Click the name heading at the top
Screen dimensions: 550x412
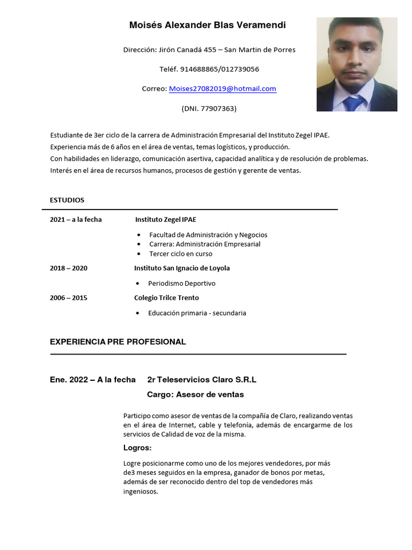pyautogui.click(x=208, y=25)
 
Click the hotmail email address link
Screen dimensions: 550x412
pyautogui.click(x=222, y=89)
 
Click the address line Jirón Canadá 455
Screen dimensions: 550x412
pyautogui.click(x=209, y=50)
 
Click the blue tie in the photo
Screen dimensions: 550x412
pyautogui.click(x=353, y=103)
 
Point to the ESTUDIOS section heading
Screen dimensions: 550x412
pyautogui.click(x=67, y=200)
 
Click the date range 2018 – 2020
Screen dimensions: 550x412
pyautogui.click(x=69, y=268)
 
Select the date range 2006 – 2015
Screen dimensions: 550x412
pyautogui.click(x=69, y=298)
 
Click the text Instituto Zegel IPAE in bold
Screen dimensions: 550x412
pyautogui.click(x=166, y=219)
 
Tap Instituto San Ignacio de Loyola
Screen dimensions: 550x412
pyautogui.click(x=182, y=268)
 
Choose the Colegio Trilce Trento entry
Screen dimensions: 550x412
pyautogui.click(x=166, y=298)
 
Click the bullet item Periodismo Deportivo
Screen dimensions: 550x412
pyautogui.click(x=182, y=283)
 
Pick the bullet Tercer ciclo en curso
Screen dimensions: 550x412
pyautogui.click(x=181, y=254)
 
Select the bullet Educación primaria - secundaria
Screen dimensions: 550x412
pyautogui.click(x=197, y=313)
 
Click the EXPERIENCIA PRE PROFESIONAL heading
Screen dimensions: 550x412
pyautogui.click(x=118, y=342)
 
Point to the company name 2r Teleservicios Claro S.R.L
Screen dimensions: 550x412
pyautogui.click(x=202, y=380)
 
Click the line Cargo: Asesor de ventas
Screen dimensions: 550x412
pyautogui.click(x=195, y=394)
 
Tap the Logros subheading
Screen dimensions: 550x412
pyautogui.click(x=137, y=448)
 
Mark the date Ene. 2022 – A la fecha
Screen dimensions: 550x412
pyautogui.click(x=93, y=380)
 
